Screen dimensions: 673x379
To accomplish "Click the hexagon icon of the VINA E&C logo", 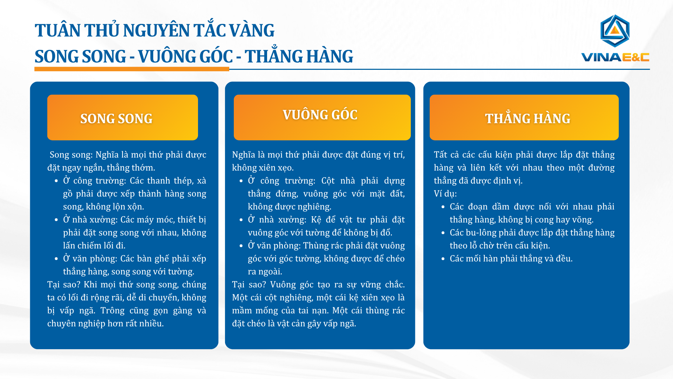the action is (615, 31).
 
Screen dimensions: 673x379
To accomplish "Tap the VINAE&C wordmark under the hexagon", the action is (615, 57).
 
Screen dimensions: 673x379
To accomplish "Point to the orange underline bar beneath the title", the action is (132, 69).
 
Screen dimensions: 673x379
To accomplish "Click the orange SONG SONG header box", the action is (123, 117).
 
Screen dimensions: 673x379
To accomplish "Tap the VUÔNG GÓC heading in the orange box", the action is (320, 115).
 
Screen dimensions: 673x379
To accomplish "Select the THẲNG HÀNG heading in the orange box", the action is (528, 118).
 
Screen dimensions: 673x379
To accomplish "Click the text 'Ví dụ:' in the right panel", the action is (445, 194).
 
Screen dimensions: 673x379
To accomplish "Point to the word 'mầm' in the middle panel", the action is (242, 311).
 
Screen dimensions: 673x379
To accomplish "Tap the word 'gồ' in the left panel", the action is (68, 194).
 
